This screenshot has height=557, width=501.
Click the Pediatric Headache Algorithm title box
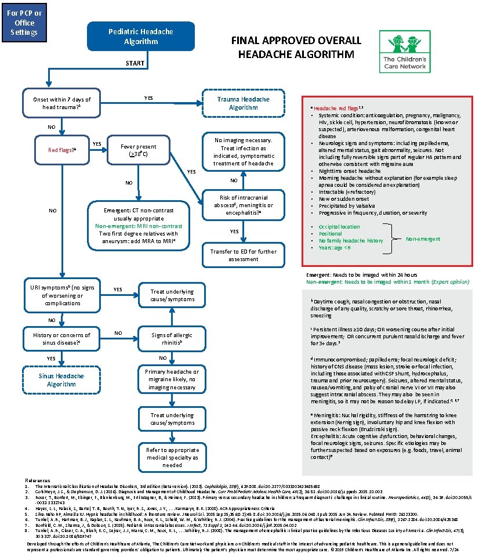click(133, 37)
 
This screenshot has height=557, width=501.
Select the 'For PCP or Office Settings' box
click(21, 23)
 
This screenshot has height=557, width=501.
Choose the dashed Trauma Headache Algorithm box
click(243, 103)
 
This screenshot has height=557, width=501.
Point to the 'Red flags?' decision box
click(60, 150)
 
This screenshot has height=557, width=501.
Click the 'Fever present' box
click(135, 151)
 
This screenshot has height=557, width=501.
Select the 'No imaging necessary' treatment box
click(244, 151)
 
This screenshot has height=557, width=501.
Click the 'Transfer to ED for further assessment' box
click(244, 255)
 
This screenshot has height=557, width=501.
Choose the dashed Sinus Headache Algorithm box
click(61, 380)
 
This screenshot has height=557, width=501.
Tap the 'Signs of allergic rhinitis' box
click(172, 339)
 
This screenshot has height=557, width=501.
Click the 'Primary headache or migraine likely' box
click(172, 379)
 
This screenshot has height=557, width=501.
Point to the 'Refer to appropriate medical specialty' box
click(172, 457)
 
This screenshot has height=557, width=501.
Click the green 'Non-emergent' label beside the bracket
click(423, 238)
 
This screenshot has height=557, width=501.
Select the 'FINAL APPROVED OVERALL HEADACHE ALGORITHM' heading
click(296, 47)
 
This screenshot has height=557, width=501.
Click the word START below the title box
click(135, 63)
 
